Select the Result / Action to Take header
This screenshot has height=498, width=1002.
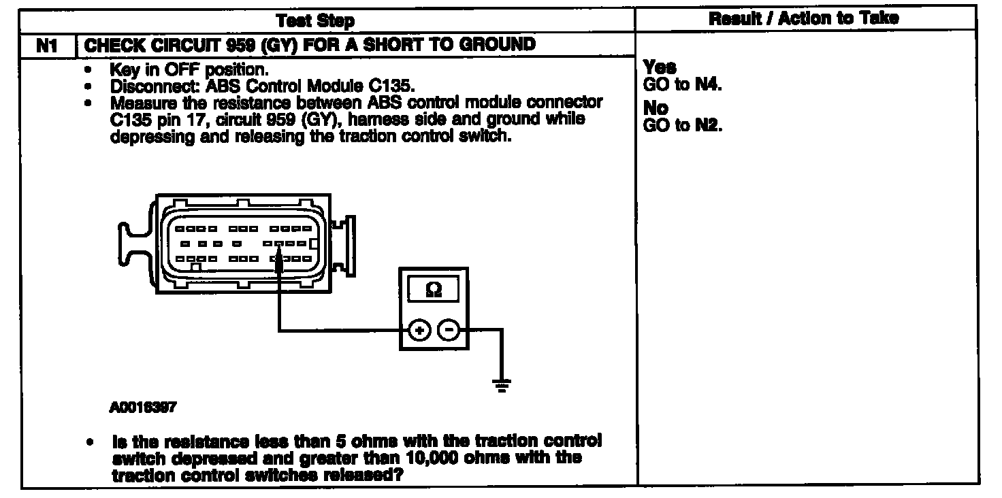click(803, 19)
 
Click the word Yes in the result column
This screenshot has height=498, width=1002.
click(660, 67)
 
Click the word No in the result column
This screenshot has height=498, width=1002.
click(656, 108)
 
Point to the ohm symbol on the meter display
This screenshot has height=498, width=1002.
click(433, 290)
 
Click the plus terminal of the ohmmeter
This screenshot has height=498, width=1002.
click(419, 331)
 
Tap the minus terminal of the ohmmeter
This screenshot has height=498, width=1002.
click(449, 331)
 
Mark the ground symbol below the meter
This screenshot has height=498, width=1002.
click(503, 385)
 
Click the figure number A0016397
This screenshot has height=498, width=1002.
click(142, 408)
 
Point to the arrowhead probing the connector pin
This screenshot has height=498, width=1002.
click(279, 262)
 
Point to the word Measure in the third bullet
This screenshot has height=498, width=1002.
click(141, 103)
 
